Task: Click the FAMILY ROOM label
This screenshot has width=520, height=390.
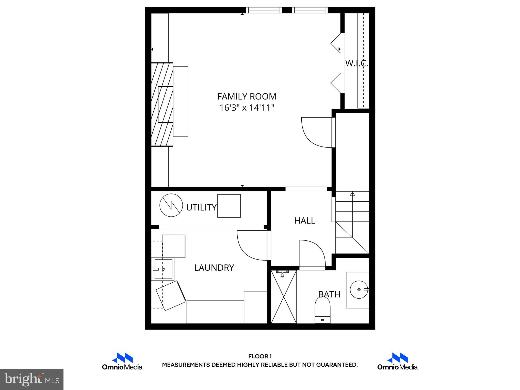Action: click(x=247, y=96)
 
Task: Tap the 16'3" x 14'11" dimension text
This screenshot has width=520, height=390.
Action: click(x=247, y=108)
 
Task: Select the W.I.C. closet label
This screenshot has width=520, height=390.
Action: click(x=356, y=63)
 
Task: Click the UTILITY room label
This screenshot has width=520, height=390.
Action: click(x=201, y=207)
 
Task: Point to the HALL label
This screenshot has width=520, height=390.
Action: click(x=305, y=221)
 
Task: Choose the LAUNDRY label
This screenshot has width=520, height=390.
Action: click(x=214, y=268)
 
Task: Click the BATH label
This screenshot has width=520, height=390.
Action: click(x=329, y=294)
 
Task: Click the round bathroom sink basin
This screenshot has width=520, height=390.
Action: click(x=359, y=289)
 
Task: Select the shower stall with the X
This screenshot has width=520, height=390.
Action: click(x=284, y=297)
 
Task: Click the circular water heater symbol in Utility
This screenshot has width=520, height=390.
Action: click(x=171, y=205)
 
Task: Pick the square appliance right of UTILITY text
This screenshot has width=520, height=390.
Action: click(x=229, y=206)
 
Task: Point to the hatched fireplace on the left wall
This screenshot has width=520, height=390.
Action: click(x=162, y=104)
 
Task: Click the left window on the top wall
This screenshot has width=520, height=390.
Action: click(x=264, y=10)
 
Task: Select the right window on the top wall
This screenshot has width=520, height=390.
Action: click(x=310, y=10)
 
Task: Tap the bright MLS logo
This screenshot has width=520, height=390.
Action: click(x=32, y=380)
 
